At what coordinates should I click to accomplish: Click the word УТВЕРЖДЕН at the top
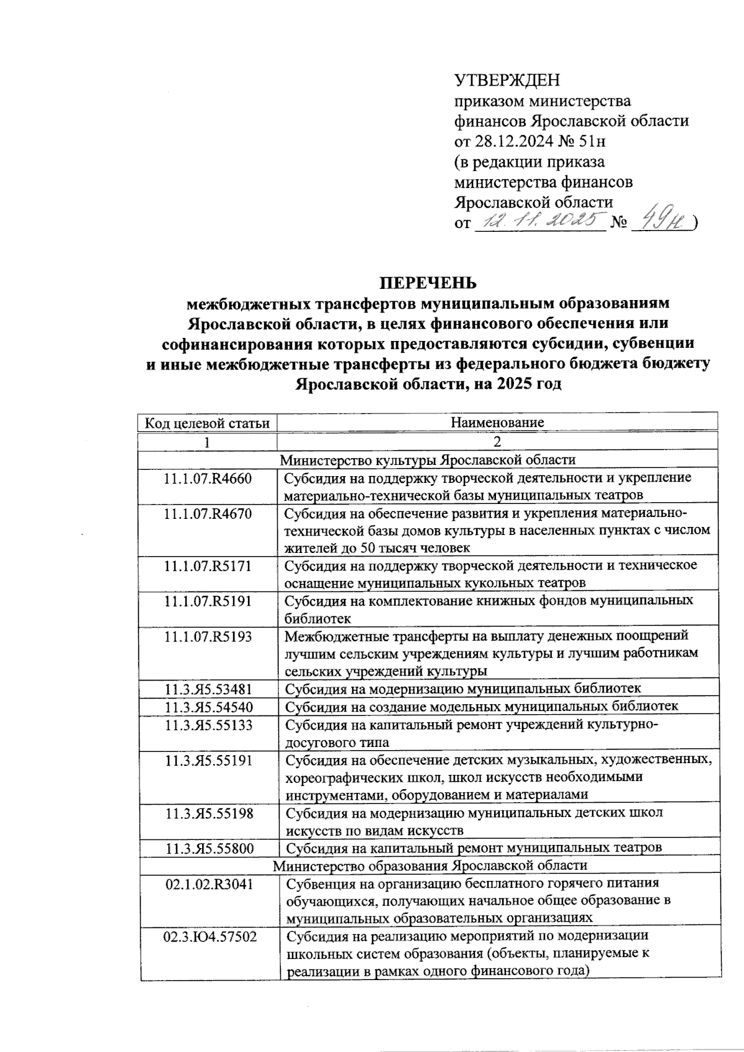(507, 81)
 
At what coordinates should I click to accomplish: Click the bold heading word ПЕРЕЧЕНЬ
(428, 283)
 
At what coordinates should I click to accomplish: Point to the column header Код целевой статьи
(207, 423)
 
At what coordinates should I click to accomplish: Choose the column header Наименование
(497, 423)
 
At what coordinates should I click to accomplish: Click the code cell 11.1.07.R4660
(208, 478)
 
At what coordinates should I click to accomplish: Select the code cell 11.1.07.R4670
(208, 513)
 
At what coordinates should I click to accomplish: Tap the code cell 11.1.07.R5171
(208, 565)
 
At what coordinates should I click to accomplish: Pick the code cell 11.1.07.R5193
(208, 636)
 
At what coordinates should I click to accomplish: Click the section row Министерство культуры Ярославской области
(428, 460)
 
